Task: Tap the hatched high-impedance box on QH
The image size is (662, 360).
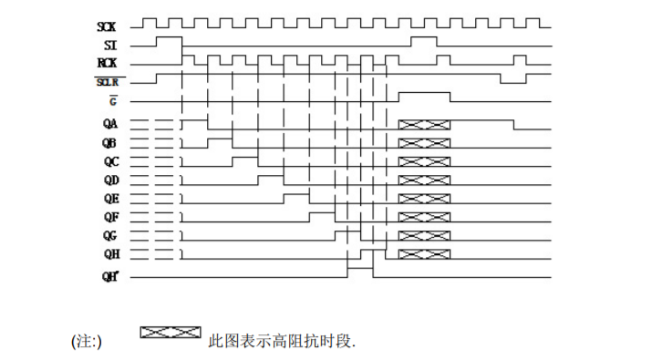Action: coord(425,253)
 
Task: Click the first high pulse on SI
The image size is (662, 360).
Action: coord(170,40)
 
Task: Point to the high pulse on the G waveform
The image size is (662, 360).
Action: coord(425,95)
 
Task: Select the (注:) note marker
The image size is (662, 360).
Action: coord(88,342)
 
